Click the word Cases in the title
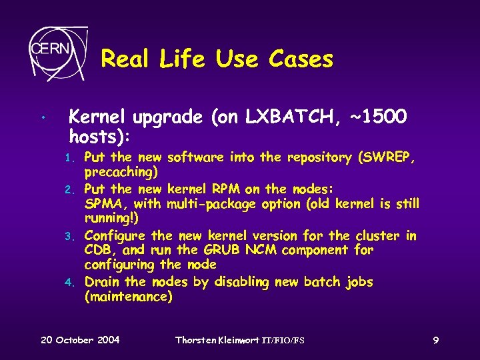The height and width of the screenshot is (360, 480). (x=301, y=59)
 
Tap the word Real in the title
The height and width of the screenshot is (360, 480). (x=127, y=59)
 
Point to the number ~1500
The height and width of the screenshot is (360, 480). (x=377, y=117)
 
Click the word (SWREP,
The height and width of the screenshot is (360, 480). (x=387, y=158)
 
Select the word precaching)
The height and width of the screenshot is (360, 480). (x=121, y=173)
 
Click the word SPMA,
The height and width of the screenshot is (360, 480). (x=104, y=204)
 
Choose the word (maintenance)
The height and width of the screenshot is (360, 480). (x=129, y=297)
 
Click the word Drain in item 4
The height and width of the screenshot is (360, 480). (x=103, y=282)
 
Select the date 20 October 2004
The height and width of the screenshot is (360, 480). (x=80, y=340)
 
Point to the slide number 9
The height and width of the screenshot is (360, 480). (x=435, y=340)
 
